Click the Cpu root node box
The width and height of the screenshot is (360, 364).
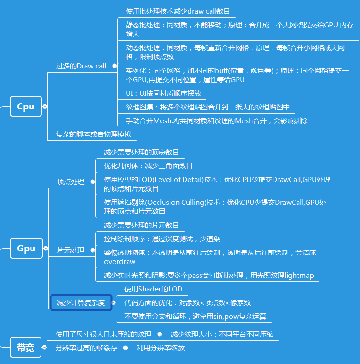(x=26, y=107)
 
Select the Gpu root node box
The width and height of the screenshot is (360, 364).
(x=26, y=249)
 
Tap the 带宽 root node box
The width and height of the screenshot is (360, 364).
(x=26, y=348)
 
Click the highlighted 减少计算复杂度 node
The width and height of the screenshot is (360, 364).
(x=81, y=302)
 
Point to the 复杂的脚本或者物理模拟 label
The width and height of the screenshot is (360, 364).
(x=93, y=135)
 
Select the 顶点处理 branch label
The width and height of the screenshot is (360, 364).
(x=71, y=182)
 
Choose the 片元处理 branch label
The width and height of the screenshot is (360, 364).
(x=71, y=250)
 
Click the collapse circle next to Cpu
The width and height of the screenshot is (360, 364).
(x=45, y=107)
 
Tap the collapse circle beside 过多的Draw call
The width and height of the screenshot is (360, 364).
(x=114, y=66)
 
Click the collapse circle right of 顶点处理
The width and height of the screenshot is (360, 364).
(x=93, y=182)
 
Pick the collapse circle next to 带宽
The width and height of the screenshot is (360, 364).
(x=45, y=348)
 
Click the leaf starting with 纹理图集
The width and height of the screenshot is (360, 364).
(x=208, y=107)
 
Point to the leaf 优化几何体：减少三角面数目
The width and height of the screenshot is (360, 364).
(x=148, y=166)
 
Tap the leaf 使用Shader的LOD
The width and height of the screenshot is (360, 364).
(x=153, y=289)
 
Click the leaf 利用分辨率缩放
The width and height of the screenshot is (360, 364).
(x=161, y=348)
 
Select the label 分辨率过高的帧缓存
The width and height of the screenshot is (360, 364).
(x=87, y=348)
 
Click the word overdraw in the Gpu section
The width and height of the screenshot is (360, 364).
(x=119, y=262)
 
